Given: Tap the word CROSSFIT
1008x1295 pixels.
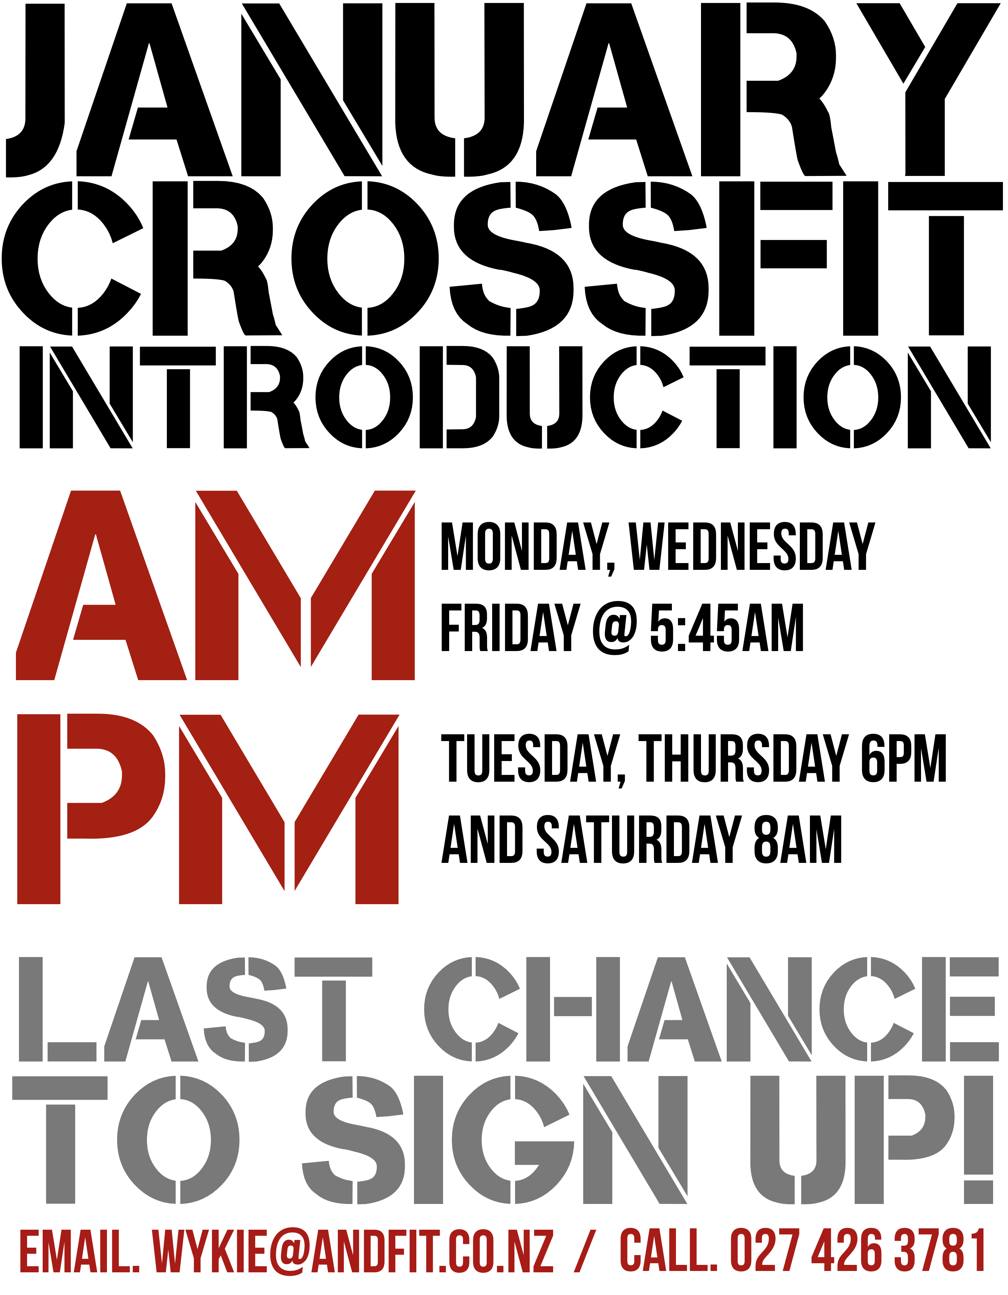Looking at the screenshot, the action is pos(502,259).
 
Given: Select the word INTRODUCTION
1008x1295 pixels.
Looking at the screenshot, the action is pos(505,397).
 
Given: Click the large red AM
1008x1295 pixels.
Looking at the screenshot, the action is pos(215,585).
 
